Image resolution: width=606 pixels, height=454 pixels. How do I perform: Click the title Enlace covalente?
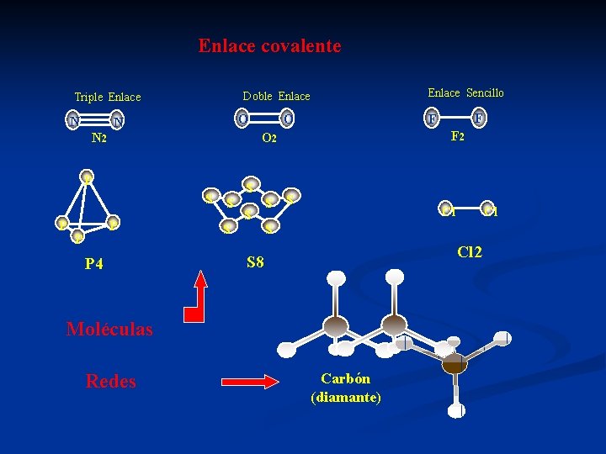pos(269,46)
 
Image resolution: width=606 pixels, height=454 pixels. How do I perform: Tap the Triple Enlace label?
pos(108,98)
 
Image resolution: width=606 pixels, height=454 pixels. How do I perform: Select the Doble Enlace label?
pos(276,97)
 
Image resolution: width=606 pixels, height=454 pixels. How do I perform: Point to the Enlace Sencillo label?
pos(465,93)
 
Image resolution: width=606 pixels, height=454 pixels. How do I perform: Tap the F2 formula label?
pos(458,136)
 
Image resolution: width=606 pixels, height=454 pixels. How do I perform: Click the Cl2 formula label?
pos(470,251)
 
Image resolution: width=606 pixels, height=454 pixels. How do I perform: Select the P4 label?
pos(94,264)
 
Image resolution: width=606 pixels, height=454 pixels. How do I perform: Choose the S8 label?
pos(255,263)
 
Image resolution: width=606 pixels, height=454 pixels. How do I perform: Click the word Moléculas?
pos(109,330)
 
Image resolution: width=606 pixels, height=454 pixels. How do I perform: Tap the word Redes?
pos(110,382)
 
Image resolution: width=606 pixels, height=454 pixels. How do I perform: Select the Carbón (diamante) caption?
pos(346,388)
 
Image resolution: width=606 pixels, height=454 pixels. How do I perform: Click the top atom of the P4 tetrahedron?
pos(87,177)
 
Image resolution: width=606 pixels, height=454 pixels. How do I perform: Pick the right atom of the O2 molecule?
pos(287,119)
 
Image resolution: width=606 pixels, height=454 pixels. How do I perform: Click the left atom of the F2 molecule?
pos(433,118)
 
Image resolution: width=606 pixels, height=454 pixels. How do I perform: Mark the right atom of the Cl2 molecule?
pos(488,208)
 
